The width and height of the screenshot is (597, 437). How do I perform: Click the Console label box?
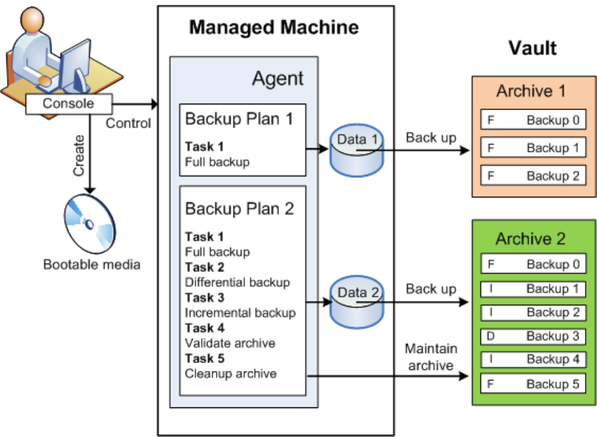click(68, 104)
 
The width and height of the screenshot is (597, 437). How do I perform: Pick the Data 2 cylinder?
click(356, 302)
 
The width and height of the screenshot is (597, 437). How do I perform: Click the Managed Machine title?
click(275, 28)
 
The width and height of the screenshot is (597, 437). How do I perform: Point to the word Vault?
click(533, 48)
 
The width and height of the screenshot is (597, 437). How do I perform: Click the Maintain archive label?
click(431, 356)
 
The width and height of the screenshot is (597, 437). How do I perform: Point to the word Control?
click(128, 123)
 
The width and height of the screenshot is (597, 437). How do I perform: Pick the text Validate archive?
click(229, 343)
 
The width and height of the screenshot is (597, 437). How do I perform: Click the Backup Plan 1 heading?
click(239, 118)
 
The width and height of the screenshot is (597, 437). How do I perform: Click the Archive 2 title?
click(531, 239)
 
